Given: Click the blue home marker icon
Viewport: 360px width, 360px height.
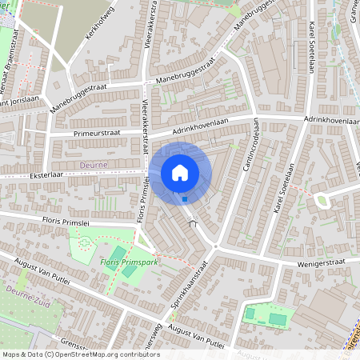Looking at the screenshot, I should coord(180,172).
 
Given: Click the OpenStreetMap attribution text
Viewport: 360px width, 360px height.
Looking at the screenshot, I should coord(80,354).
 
